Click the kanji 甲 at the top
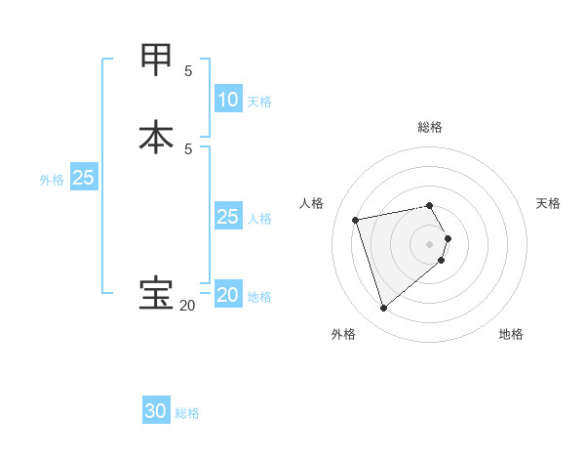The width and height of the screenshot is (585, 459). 157,61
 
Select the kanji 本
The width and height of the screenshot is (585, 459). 157,136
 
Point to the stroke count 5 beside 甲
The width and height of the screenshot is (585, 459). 188,71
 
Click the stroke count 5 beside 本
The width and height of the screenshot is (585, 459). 188,148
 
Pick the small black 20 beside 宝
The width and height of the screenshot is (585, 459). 186,306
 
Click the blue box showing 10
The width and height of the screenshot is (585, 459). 227,99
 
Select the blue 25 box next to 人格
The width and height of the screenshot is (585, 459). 227,217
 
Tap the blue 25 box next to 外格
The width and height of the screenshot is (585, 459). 84,178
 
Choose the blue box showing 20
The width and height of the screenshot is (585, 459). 227,295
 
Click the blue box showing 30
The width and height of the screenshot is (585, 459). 156,411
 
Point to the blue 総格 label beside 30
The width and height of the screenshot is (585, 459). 188,413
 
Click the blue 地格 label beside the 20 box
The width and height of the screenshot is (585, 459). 259,297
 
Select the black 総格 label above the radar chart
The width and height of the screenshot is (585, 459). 430,127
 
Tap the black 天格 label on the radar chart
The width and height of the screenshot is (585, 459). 548,203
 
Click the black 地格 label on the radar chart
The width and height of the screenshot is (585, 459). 511,335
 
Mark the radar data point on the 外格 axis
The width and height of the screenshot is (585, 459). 383,309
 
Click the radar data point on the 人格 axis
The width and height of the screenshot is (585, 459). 356,219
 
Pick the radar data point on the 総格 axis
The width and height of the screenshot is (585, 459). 430,205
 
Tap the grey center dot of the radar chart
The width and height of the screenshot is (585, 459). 430,243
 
